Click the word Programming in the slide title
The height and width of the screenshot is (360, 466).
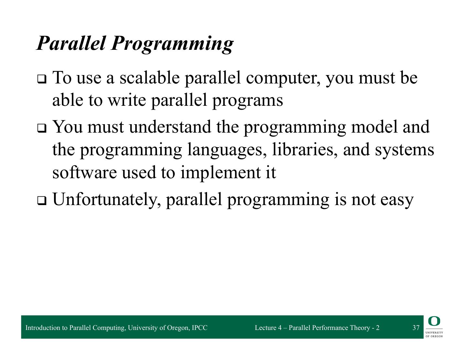(x=172, y=44)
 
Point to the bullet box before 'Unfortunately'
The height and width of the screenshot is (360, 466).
(x=42, y=201)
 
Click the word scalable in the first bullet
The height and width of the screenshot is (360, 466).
(x=150, y=77)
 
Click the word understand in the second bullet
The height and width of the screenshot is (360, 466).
(x=170, y=127)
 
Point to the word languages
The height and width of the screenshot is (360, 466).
(x=227, y=150)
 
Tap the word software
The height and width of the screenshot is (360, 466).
(x=84, y=172)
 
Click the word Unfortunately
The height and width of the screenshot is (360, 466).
(x=106, y=200)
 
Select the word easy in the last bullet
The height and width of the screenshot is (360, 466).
(x=397, y=201)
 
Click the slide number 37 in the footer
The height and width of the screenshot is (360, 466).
(x=416, y=328)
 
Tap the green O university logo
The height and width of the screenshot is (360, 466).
(x=434, y=321)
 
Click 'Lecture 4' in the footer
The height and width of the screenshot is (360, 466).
(x=268, y=328)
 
